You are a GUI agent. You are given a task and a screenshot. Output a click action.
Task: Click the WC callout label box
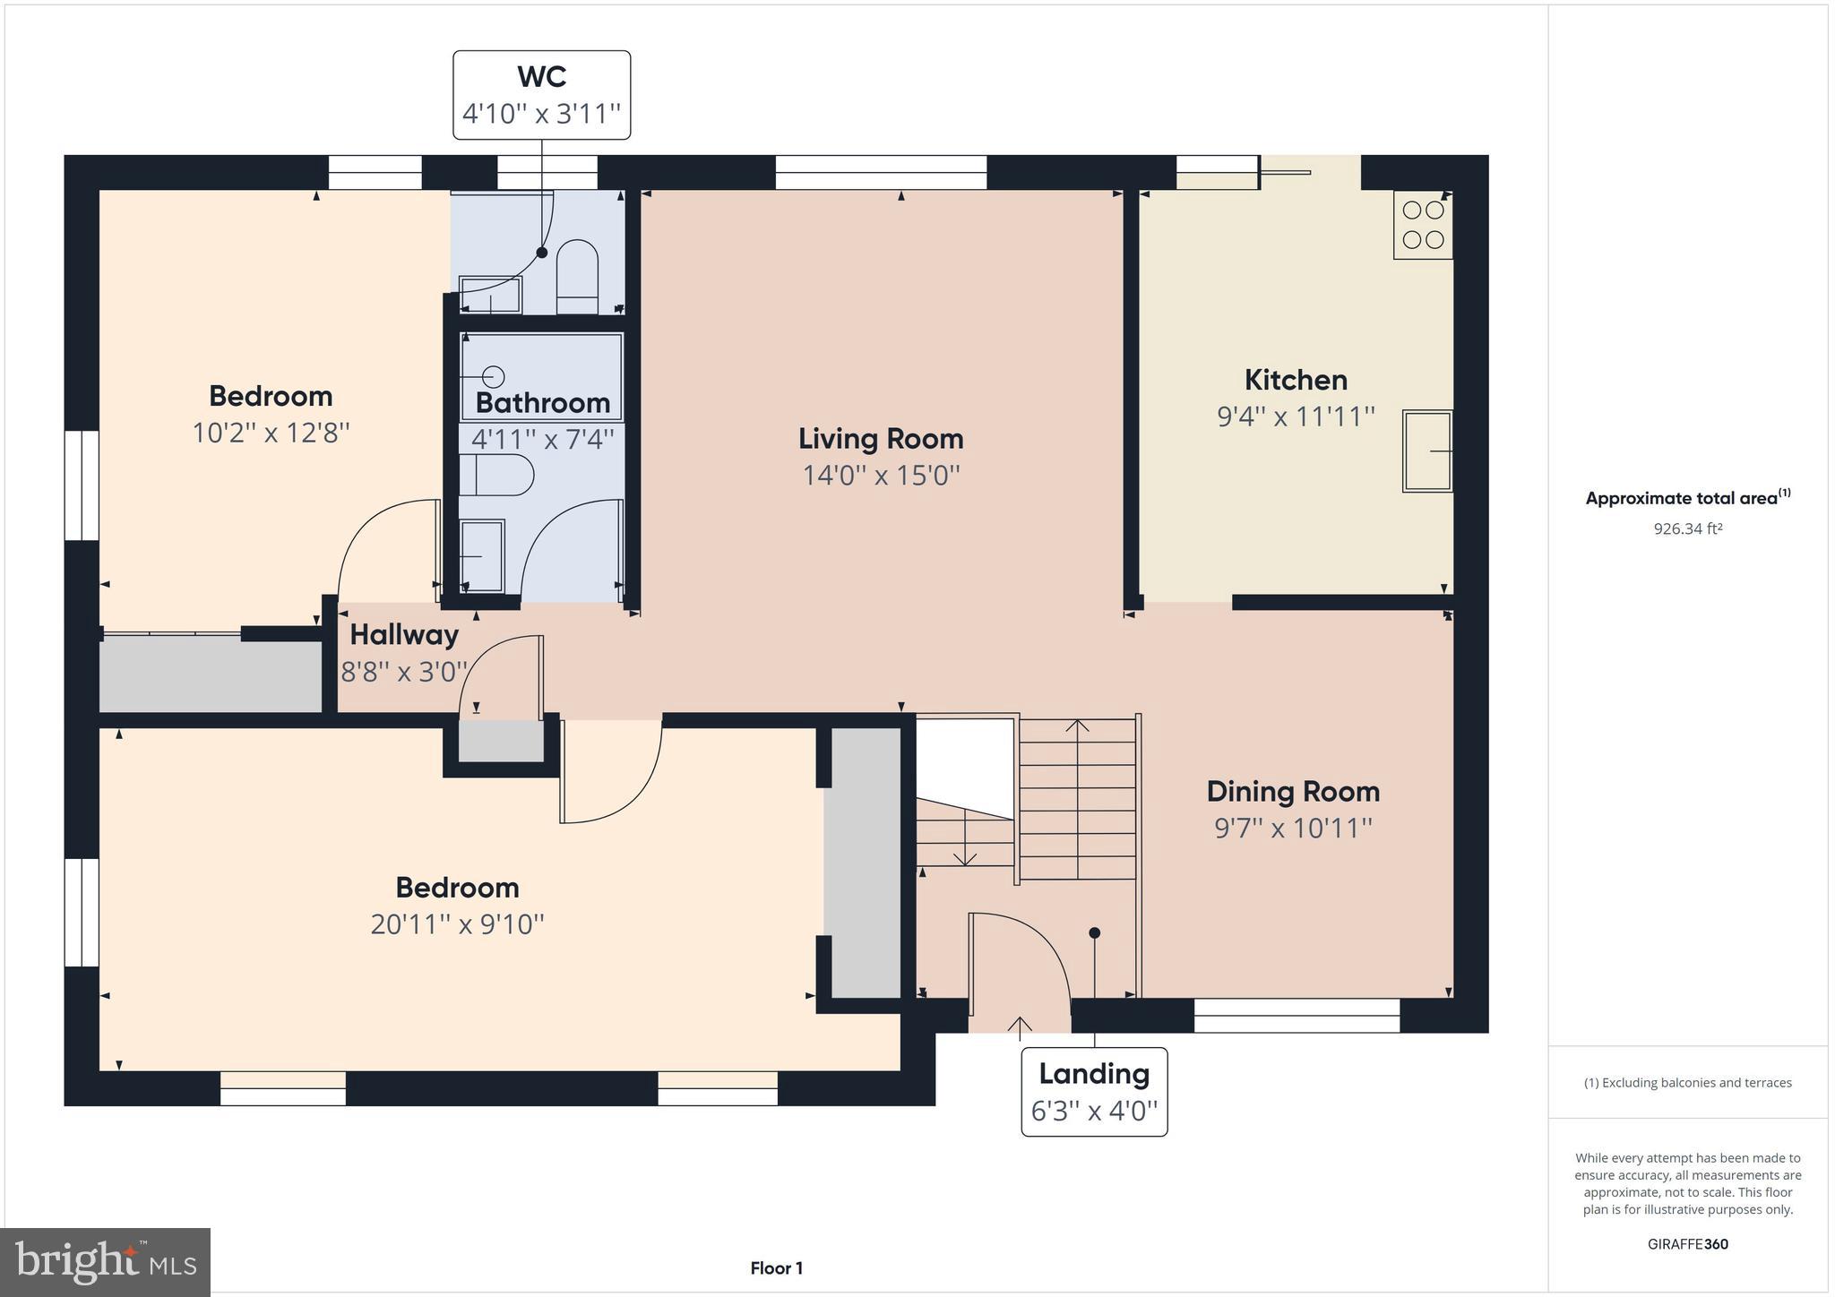point(541,95)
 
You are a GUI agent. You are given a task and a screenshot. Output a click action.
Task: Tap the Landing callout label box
point(1093,1091)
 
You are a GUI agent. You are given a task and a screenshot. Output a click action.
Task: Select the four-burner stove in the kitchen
point(1422,225)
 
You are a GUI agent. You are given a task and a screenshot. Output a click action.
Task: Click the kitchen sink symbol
point(1426,451)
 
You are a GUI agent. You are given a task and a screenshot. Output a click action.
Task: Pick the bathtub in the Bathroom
point(541,376)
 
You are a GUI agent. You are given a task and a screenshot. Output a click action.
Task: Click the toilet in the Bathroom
point(495,475)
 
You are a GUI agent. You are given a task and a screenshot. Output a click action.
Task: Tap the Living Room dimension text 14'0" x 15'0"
point(881,475)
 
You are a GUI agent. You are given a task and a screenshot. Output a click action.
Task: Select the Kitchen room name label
point(1295,380)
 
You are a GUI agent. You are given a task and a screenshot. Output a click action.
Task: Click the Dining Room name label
point(1292,791)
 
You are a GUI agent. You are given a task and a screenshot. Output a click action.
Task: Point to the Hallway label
point(403,634)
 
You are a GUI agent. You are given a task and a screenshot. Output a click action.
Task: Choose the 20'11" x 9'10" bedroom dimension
point(457,923)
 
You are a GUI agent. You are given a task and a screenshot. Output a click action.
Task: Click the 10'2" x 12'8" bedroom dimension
point(271,433)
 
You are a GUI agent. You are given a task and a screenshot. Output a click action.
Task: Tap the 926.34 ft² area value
point(1687,528)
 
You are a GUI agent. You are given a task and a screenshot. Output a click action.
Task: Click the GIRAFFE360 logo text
point(1687,1243)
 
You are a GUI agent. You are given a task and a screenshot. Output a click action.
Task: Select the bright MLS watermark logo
point(105,1262)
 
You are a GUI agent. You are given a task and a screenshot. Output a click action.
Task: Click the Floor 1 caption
point(776,1267)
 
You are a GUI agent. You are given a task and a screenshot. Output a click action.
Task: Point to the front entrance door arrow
point(1020,1025)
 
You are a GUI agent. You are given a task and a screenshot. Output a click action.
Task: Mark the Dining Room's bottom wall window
point(1296,1015)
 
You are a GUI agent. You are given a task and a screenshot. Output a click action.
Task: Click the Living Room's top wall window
point(880,172)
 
